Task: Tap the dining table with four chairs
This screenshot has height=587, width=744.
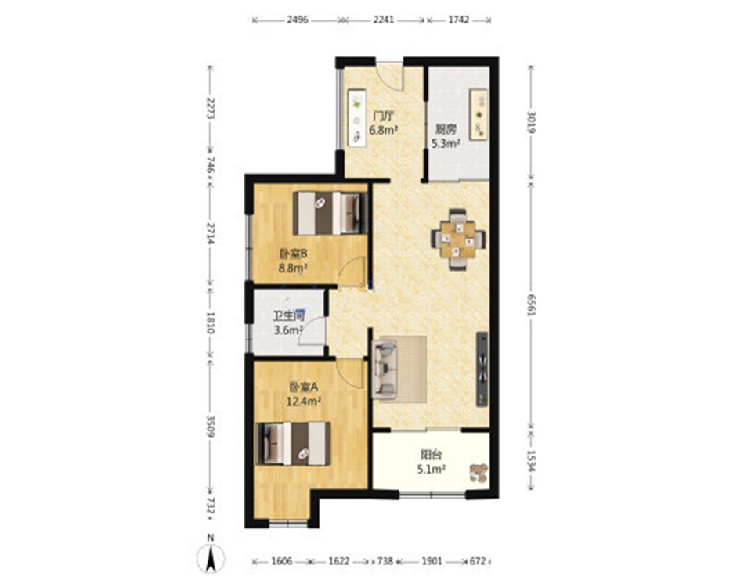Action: click(458, 239)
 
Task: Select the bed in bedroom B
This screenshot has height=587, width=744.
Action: click(330, 213)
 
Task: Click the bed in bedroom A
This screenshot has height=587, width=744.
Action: click(293, 443)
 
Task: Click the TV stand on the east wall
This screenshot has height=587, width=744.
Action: click(482, 369)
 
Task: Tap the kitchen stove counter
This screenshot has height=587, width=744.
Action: click(479, 114)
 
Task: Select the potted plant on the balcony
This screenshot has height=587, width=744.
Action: click(479, 473)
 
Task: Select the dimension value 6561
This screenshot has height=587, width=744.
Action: click(532, 306)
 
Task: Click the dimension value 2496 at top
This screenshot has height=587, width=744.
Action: click(298, 20)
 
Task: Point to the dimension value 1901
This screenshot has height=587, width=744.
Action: click(432, 561)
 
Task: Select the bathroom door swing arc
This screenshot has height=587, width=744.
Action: click(313, 330)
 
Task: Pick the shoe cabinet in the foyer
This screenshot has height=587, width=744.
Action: click(356, 117)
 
